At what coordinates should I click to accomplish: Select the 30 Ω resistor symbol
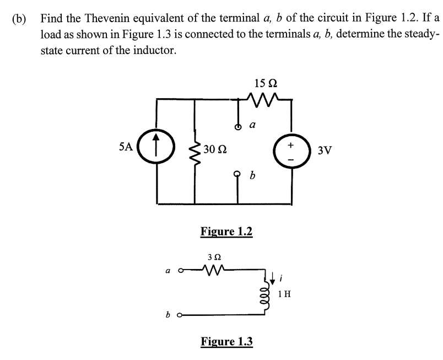[195, 149]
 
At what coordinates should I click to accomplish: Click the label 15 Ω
[266, 83]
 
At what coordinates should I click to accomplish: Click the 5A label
[126, 147]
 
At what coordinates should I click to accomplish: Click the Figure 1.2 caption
[226, 231]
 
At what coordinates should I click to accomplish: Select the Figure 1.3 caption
[226, 341]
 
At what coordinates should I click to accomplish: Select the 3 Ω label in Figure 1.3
[215, 256]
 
